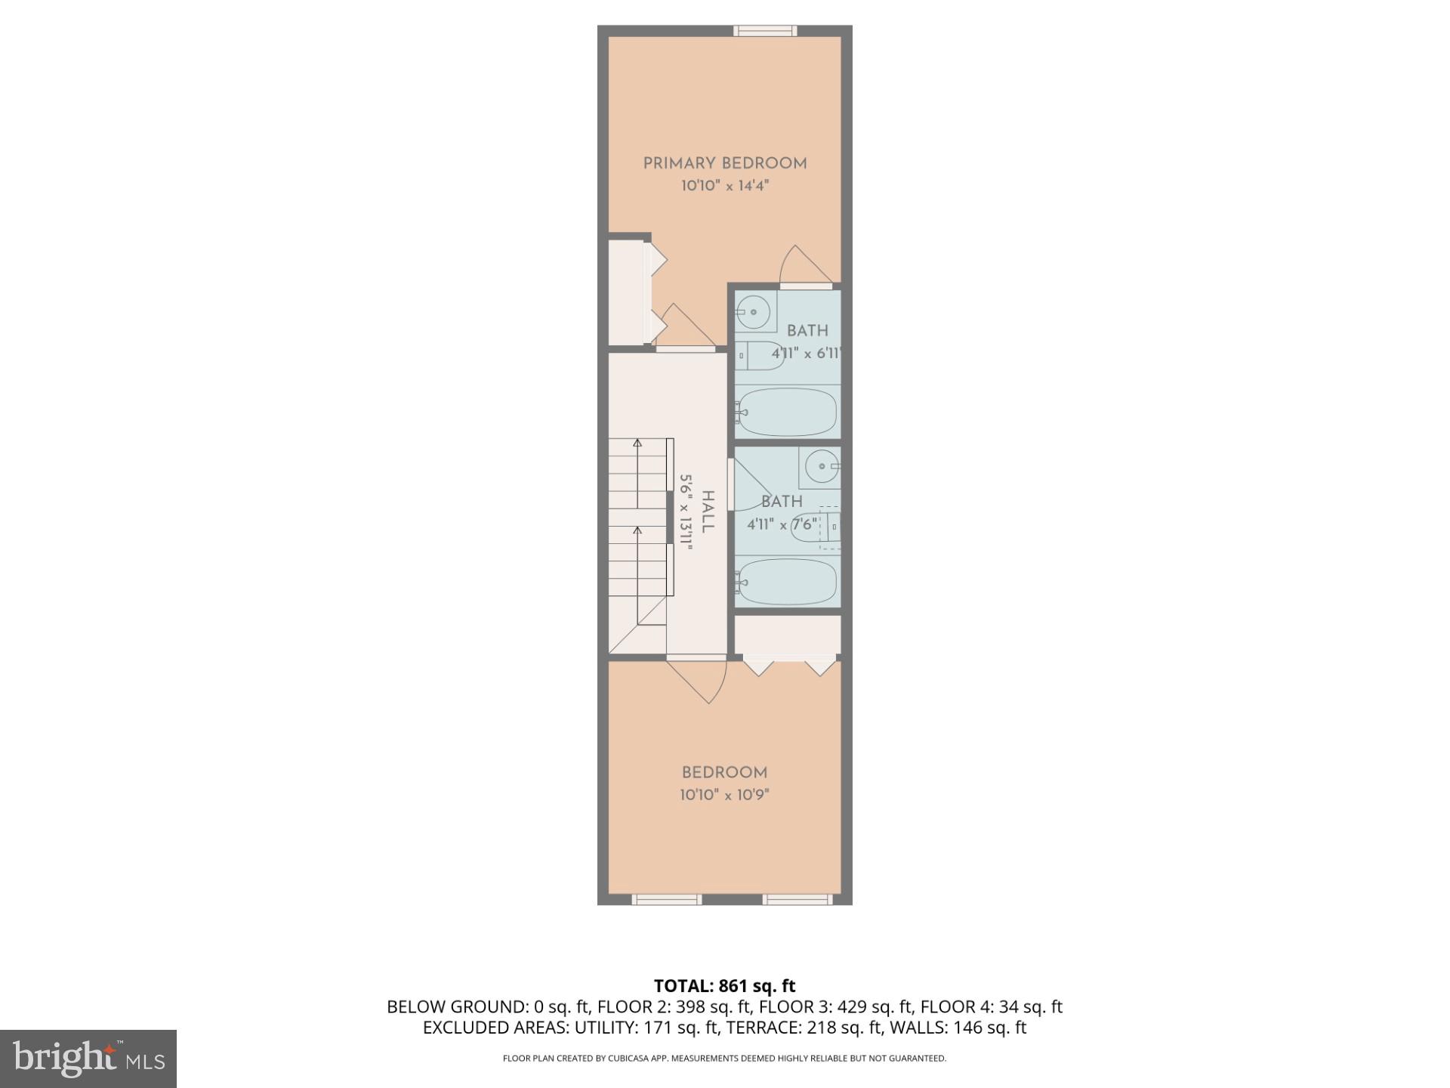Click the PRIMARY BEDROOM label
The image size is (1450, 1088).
[x=725, y=163]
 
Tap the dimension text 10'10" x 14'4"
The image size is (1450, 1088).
[x=725, y=186]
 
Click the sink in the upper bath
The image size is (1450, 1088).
[x=754, y=311]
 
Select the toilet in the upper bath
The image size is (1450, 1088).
[x=761, y=355]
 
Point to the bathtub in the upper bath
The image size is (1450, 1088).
[x=787, y=412]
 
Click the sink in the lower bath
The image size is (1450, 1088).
[x=822, y=466]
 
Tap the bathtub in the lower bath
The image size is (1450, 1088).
[x=787, y=581]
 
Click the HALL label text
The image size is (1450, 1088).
[x=708, y=512]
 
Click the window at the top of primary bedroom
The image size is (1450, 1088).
[x=765, y=31]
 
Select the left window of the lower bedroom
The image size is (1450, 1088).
[x=666, y=899]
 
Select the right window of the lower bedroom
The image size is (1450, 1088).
[x=797, y=899]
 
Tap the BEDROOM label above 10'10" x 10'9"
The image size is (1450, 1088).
[x=724, y=773]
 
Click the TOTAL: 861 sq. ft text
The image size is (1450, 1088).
[x=724, y=986]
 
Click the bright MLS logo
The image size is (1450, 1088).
[x=88, y=1059]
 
